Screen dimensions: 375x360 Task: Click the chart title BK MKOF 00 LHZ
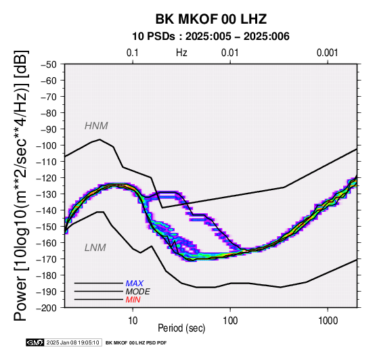click(x=211, y=19)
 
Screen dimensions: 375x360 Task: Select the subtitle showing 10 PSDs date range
click(x=211, y=37)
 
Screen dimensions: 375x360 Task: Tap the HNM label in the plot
click(x=96, y=126)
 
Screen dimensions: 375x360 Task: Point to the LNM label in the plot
click(x=95, y=248)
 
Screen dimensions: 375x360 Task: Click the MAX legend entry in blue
click(x=135, y=284)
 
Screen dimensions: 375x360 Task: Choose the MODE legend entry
click(x=138, y=292)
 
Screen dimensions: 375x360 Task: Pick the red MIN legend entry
click(x=133, y=300)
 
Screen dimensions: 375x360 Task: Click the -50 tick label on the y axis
click(x=49, y=64)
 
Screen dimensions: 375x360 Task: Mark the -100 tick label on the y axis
click(x=47, y=145)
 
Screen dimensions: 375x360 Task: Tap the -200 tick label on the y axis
click(x=47, y=308)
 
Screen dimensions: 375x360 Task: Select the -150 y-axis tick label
click(x=47, y=227)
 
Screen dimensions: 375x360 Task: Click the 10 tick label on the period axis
click(x=133, y=321)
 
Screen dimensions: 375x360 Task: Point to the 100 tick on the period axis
click(x=230, y=321)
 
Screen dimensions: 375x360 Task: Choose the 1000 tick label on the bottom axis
click(x=328, y=321)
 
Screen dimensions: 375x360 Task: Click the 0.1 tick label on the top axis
click(x=133, y=53)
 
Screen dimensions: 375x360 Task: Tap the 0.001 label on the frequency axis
click(x=328, y=53)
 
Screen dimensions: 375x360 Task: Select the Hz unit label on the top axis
click(x=181, y=53)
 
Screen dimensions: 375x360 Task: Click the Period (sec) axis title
click(x=181, y=328)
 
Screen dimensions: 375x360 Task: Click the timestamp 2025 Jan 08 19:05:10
click(x=72, y=342)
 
